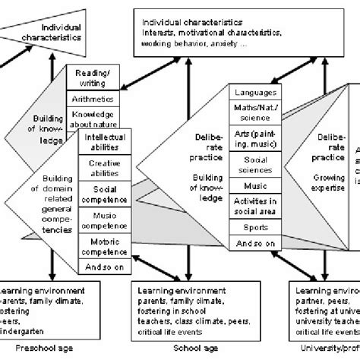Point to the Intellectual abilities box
(x=104, y=142)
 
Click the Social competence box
(x=104, y=191)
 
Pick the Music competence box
(x=104, y=219)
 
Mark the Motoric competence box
(x=104, y=246)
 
